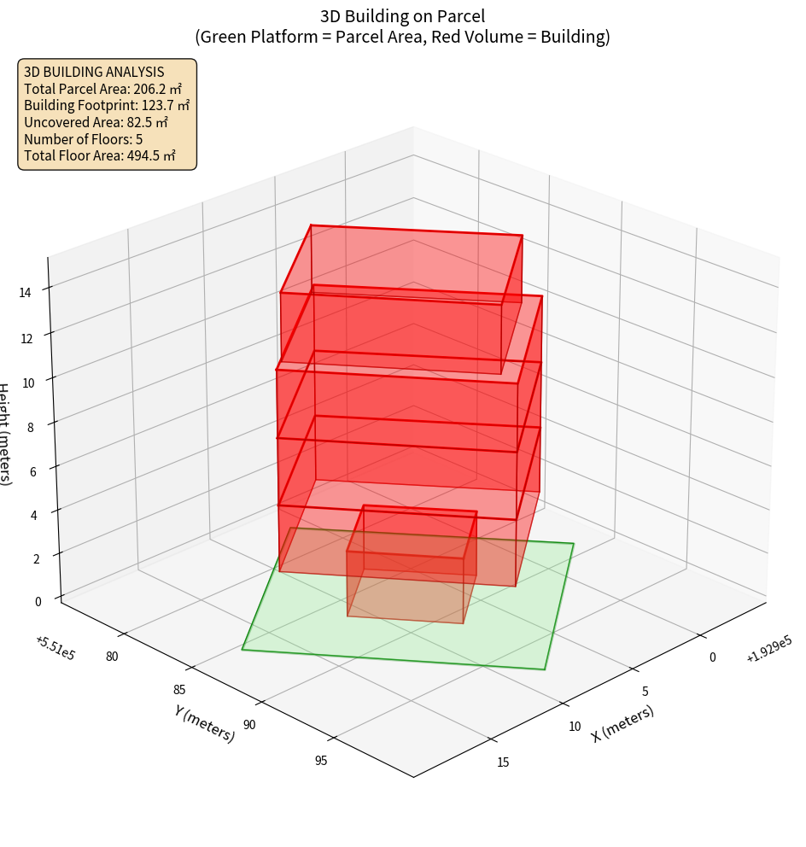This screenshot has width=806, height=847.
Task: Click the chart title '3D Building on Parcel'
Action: (403, 15)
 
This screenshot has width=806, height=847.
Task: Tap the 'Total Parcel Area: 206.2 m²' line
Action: (102, 88)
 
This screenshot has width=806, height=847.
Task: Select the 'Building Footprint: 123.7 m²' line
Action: (107, 105)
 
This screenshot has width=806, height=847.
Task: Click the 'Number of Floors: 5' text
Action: (84, 139)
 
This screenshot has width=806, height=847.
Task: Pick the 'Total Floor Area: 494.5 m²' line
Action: (100, 155)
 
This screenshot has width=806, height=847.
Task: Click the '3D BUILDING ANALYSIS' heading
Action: (94, 72)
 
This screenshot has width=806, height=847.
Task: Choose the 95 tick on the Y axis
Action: (321, 761)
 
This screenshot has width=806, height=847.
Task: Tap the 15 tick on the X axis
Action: (502, 762)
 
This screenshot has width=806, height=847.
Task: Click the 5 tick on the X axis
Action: (645, 691)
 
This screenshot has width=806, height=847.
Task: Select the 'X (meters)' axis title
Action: (623, 723)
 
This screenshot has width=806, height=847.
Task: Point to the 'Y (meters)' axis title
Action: (205, 723)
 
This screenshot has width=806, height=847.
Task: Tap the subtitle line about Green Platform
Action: (403, 37)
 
